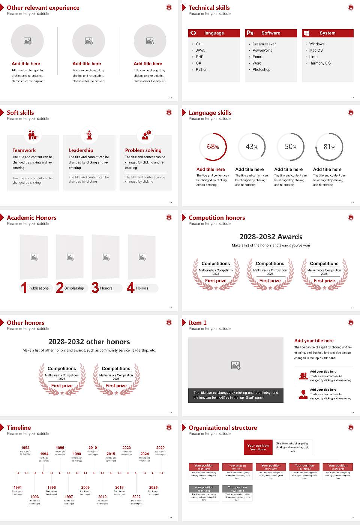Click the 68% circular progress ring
click(x=213, y=147)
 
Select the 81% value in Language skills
click(x=329, y=147)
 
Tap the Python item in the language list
click(x=201, y=70)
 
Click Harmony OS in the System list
click(x=320, y=63)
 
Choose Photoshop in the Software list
click(x=261, y=70)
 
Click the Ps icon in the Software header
click(x=250, y=33)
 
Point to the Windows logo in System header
click(x=307, y=33)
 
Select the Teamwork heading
click(x=24, y=150)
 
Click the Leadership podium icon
click(x=89, y=135)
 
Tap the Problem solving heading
click(x=143, y=150)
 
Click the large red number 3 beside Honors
click(x=95, y=288)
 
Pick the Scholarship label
click(x=74, y=288)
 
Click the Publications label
click(x=39, y=288)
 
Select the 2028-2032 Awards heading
click(x=271, y=237)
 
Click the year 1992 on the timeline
click(x=25, y=448)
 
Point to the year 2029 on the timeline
click(x=160, y=448)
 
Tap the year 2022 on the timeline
click(x=136, y=497)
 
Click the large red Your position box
click(x=258, y=447)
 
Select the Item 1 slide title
click(x=198, y=322)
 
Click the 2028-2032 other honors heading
click(x=89, y=342)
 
